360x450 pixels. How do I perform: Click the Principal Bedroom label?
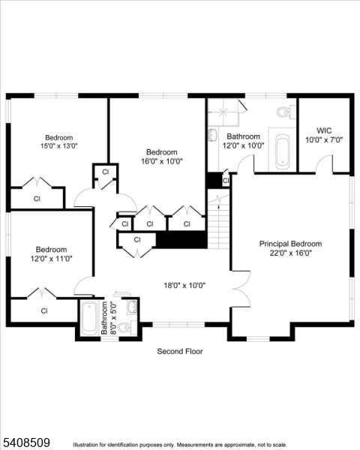290,244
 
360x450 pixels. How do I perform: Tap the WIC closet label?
323,130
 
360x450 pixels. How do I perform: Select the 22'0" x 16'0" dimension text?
290,253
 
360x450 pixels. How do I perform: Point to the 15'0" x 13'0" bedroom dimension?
58,147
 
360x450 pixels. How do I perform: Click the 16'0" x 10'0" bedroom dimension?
161,160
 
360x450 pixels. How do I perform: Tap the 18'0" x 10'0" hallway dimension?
184,285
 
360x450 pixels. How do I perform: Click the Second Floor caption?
179,351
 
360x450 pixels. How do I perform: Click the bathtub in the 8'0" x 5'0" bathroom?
89,319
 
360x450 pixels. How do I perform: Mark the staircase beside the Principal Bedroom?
218,222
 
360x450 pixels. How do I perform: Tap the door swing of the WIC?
324,163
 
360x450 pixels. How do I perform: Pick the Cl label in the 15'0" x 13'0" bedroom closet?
37,199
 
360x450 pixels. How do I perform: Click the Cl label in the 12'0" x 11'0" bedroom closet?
44,310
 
